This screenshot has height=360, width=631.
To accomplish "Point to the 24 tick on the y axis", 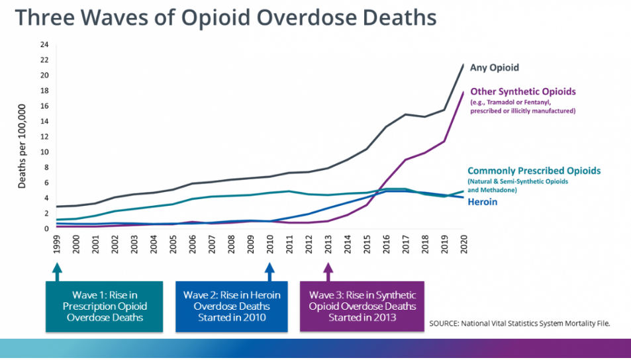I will [x=44, y=45].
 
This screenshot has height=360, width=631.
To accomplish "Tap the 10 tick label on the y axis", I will [x=44, y=152].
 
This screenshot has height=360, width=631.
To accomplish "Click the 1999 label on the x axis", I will [x=57, y=246].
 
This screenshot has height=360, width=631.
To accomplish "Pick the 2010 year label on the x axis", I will [x=269, y=246].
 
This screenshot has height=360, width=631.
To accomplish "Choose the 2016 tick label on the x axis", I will [x=386, y=246].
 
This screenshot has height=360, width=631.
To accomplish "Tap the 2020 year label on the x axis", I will [x=463, y=246].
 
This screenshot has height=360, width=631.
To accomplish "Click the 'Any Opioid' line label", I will [x=494, y=67].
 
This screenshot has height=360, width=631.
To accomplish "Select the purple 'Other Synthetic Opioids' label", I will [x=523, y=91].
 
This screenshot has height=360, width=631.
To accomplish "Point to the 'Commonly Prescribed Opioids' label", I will [x=534, y=171].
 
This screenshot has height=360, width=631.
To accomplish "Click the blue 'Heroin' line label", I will [x=483, y=202].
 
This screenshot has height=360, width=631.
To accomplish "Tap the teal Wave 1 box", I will [x=104, y=306].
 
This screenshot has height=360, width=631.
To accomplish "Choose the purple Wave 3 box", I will [x=362, y=306].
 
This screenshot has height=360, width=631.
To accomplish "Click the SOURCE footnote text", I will [x=518, y=323].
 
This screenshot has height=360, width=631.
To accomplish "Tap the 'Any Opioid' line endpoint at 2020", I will [x=463, y=65].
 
